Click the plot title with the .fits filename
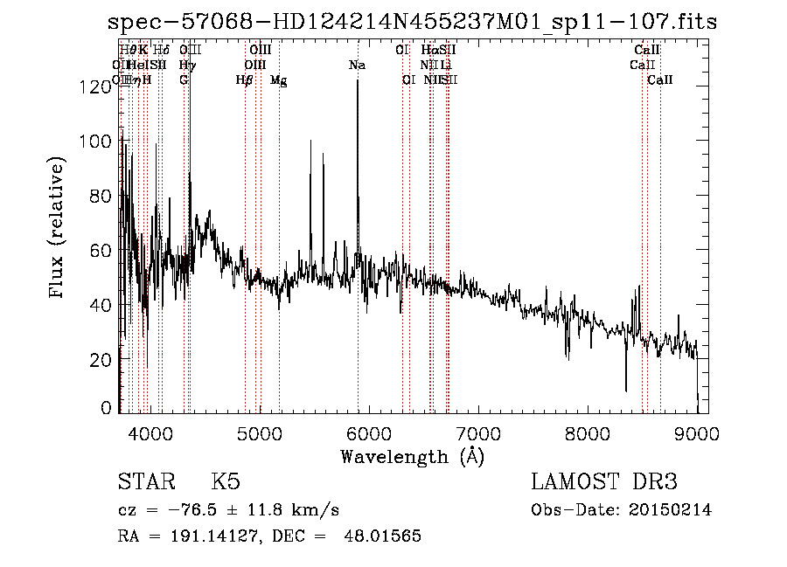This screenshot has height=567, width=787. pyautogui.click(x=412, y=22)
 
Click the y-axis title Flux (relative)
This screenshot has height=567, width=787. pyautogui.click(x=58, y=229)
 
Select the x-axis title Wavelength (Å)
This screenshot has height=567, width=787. pyautogui.click(x=412, y=456)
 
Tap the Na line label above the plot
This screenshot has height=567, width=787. pyautogui.click(x=357, y=65)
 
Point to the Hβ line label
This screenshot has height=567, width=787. pyautogui.click(x=245, y=80)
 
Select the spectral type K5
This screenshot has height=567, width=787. pyautogui.click(x=226, y=482)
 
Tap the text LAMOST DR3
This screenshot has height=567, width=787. pyautogui.click(x=604, y=482)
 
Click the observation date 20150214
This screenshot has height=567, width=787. pyautogui.click(x=672, y=510)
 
